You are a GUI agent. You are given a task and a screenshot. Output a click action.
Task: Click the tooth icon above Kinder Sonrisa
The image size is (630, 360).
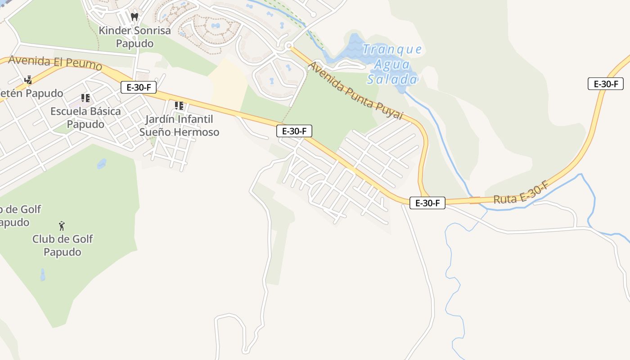(134, 17)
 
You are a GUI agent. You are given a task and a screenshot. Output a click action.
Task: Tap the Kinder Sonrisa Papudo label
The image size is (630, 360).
(135, 37)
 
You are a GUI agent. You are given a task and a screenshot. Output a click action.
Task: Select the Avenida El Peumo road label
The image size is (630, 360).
(55, 63)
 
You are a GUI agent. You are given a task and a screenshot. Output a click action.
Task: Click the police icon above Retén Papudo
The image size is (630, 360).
(28, 80)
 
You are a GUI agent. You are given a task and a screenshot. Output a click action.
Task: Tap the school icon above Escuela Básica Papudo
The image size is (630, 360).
(85, 98)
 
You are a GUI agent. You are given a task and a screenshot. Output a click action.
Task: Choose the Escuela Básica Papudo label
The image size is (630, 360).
(85, 117)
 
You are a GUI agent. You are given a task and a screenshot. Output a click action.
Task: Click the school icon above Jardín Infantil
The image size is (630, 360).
(179, 106)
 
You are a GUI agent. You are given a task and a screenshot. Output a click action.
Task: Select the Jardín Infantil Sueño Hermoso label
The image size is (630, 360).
(179, 126)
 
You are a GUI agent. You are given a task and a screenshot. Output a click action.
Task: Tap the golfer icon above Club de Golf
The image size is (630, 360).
(62, 225)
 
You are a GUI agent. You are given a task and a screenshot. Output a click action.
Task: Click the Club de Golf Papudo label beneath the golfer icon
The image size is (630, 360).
(62, 245)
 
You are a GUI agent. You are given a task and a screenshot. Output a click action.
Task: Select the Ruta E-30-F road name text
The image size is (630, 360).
(520, 195)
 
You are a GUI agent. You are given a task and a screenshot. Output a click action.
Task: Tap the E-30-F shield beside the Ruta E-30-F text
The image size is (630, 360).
(427, 203)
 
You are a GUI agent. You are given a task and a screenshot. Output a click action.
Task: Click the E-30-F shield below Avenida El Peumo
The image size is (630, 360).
(138, 87)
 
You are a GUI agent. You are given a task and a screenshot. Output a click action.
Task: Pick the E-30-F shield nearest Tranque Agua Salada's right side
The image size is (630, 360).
(605, 84)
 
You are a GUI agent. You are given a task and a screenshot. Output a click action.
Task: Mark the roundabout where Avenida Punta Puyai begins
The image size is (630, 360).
(289, 46)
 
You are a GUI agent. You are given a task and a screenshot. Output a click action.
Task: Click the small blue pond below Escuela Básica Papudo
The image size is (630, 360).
(102, 163)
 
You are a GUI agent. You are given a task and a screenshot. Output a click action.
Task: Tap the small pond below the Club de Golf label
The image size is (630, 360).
(43, 274)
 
